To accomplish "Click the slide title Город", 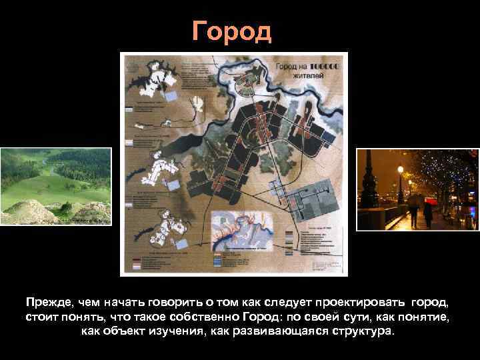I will pyautogui.click(x=231, y=31).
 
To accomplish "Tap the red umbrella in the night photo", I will pyautogui.click(x=415, y=198).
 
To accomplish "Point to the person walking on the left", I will pyautogui.click(x=414, y=212).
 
